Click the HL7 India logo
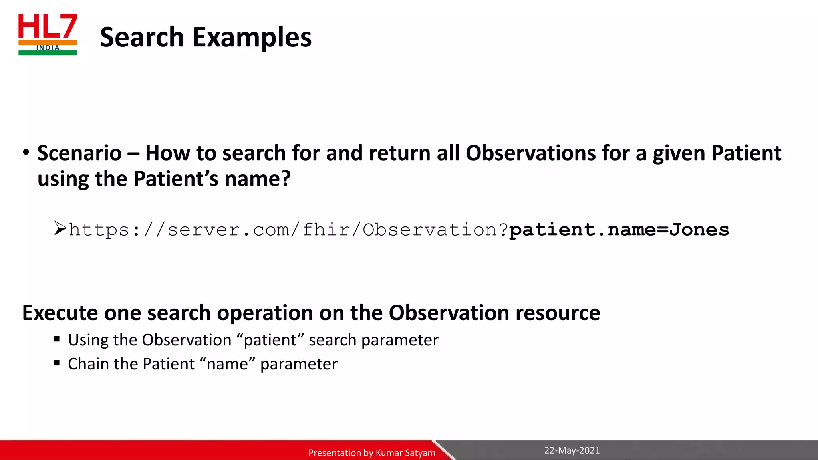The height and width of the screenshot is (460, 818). pyautogui.click(x=48, y=34)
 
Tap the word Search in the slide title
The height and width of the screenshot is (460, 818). pyautogui.click(x=142, y=37)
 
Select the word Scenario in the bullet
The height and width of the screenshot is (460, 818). pyautogui.click(x=79, y=153)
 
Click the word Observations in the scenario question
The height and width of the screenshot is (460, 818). pyautogui.click(x=530, y=153)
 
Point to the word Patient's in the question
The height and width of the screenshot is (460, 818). pyautogui.click(x=176, y=179)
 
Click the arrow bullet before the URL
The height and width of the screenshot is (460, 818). pyautogui.click(x=60, y=228)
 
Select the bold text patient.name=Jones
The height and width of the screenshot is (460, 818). pyautogui.click(x=619, y=230)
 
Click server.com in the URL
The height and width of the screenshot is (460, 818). pyautogui.click(x=228, y=230)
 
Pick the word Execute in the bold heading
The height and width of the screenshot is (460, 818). pyautogui.click(x=60, y=313)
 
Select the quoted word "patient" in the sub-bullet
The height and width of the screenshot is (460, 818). pyautogui.click(x=270, y=340)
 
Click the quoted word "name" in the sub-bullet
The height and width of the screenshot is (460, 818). pyautogui.click(x=227, y=364)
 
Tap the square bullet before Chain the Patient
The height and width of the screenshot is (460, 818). pyautogui.click(x=57, y=363)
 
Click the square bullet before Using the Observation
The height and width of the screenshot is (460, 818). pyautogui.click(x=57, y=339)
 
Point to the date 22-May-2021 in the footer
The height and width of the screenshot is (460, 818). pyautogui.click(x=572, y=450)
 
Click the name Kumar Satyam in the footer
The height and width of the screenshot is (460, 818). pyautogui.click(x=405, y=453)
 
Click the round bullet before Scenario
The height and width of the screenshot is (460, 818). pyautogui.click(x=26, y=153)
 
